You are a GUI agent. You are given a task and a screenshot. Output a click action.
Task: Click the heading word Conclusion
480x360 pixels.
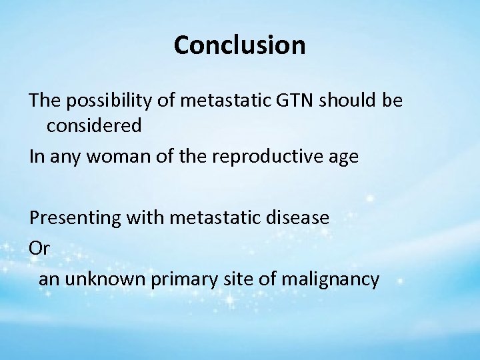pos(240,45)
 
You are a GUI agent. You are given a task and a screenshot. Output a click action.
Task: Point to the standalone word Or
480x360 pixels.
pos(39,248)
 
